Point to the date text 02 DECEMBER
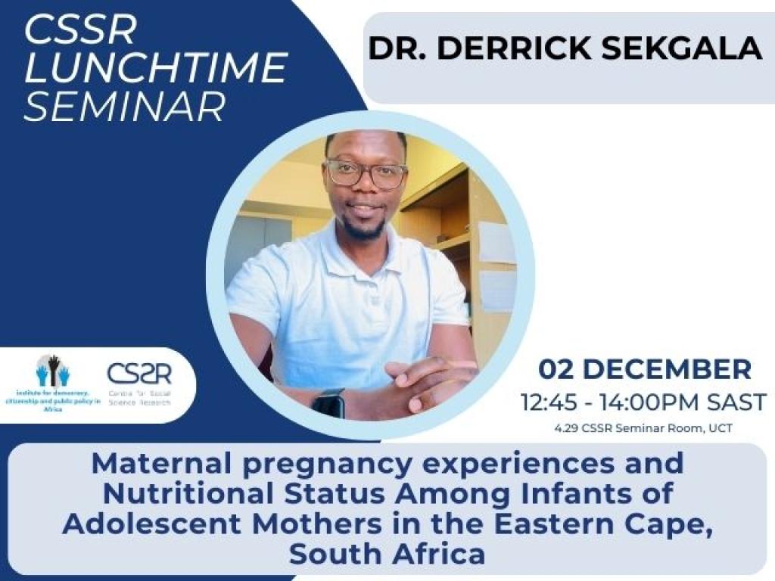pos(645,370)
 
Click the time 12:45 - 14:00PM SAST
pos(644,402)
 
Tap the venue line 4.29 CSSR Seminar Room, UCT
pos(644,429)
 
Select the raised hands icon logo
pos(53,371)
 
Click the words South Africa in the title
pos(387,555)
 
